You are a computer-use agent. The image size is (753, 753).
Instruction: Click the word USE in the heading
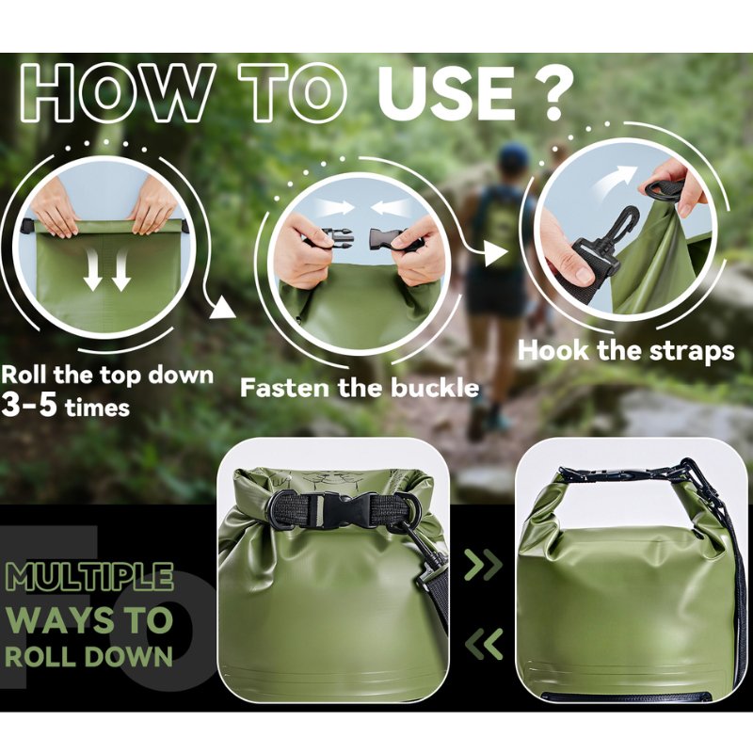445,92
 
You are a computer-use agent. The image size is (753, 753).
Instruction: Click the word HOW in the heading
117,92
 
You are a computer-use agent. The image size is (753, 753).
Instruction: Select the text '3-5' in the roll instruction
29,405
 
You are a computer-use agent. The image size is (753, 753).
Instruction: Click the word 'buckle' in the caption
435,387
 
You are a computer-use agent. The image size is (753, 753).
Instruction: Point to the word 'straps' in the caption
692,351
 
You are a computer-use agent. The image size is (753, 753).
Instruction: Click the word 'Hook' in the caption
553,349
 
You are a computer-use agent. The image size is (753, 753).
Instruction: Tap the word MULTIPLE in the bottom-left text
89,576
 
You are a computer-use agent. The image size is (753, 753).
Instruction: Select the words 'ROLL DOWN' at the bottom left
88,655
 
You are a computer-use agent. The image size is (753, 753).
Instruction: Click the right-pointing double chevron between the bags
483,565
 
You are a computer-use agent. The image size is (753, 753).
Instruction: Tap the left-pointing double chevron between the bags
484,644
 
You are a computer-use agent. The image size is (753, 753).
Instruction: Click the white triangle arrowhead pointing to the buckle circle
222,308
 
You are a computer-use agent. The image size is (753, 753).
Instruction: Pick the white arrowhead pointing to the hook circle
496,252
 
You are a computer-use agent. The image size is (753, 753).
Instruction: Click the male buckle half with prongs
338,239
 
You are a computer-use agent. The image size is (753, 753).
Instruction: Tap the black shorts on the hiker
495,291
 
